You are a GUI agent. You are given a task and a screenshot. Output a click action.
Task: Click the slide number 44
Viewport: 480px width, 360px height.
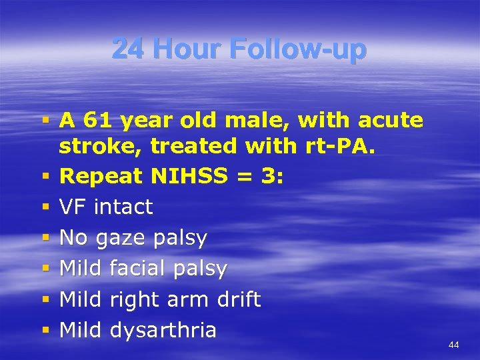click(453, 345)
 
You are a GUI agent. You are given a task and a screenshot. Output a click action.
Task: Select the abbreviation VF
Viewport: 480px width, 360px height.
click(73, 207)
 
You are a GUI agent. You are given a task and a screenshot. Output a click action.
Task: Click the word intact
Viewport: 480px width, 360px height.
click(123, 207)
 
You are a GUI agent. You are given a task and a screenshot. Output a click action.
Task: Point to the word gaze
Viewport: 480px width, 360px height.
click(123, 239)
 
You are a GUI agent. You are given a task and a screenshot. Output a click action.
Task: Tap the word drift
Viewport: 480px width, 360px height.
click(239, 299)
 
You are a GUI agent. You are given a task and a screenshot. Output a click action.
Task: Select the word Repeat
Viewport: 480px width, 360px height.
click(99, 177)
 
